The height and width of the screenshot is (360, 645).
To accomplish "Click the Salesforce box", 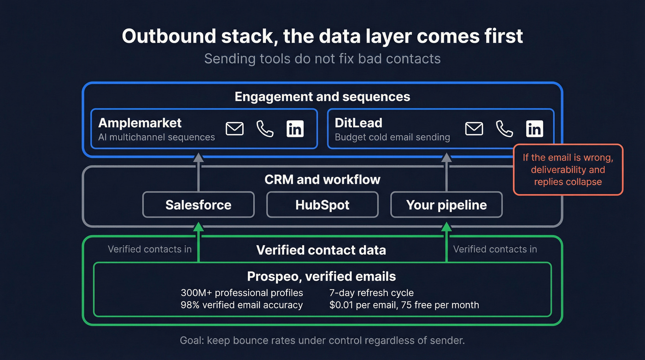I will point(198,205).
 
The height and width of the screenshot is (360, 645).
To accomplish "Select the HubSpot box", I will point(322,205).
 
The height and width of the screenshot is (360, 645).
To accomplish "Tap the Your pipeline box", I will point(446,205).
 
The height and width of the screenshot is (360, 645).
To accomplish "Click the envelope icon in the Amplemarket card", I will point(235,129).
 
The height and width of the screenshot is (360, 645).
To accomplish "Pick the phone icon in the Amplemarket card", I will point(265,129).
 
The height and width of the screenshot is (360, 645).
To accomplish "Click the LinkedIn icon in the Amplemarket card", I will point(295,129).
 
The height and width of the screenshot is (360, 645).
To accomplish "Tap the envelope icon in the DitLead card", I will point(474,129).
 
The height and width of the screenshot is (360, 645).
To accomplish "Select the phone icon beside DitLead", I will point(504,129).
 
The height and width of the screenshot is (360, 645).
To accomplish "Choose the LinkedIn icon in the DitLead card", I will point(534,129).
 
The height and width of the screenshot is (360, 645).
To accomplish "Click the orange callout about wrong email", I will point(568,170).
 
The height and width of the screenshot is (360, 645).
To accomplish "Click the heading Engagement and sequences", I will point(322,96).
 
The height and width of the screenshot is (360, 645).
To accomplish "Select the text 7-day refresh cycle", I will point(371,293).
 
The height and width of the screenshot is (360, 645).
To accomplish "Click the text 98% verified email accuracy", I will point(241,305).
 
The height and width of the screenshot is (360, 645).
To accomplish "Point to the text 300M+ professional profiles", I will point(241,293).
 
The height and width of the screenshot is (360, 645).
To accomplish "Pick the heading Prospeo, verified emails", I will point(321,276).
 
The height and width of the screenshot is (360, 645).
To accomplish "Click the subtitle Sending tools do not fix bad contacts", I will point(322,59).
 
